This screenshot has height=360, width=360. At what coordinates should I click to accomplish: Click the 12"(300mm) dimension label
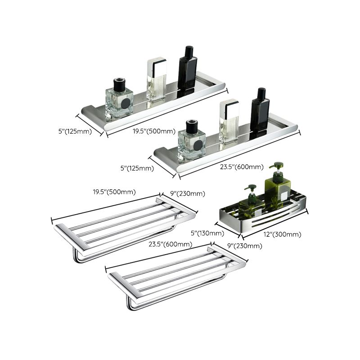tap(283, 234)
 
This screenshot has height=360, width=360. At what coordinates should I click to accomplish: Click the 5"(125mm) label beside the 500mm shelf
tap(74, 131)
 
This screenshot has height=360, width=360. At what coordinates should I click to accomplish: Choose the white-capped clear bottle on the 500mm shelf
tap(156, 80)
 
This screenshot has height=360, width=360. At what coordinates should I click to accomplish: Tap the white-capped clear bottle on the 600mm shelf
tap(229, 121)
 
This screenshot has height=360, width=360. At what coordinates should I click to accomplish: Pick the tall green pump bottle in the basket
tap(278, 184)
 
